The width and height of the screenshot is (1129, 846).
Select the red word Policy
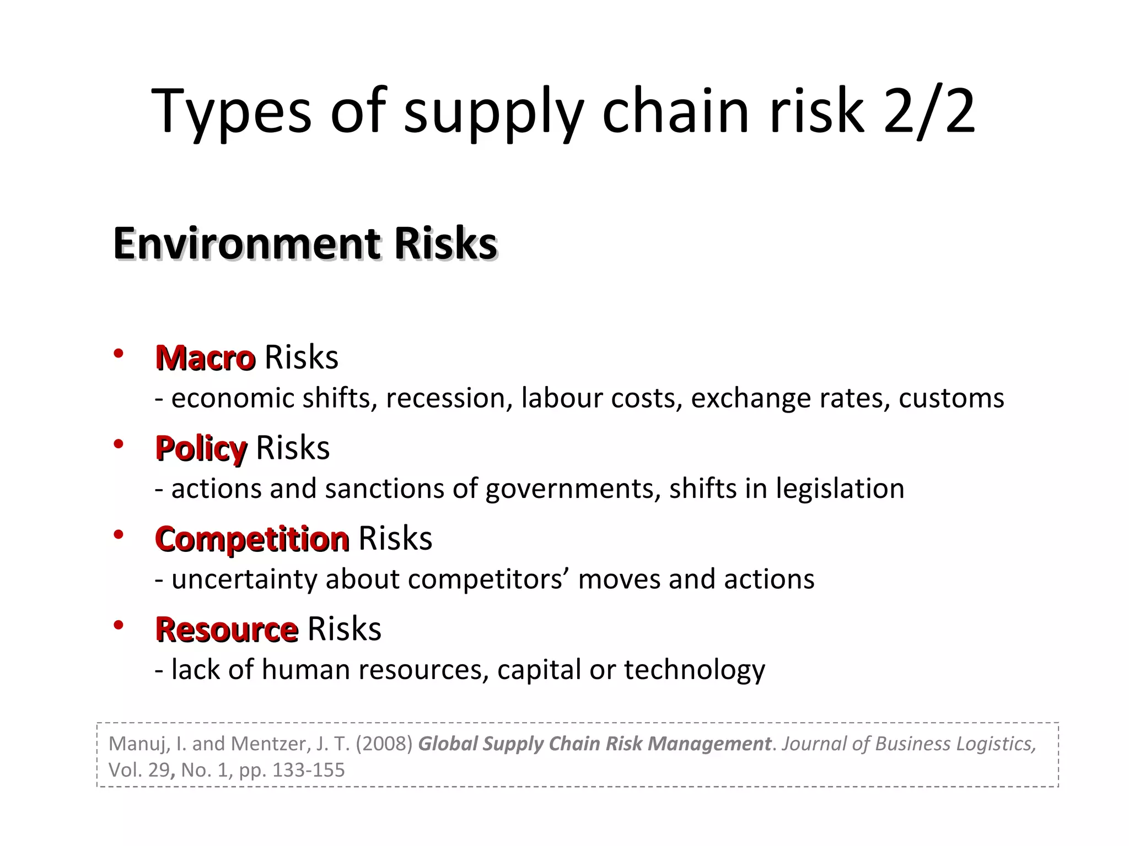pos(201,448)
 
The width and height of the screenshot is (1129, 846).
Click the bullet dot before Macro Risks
pos(118,354)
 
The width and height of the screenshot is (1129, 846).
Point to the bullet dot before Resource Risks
pos(118,625)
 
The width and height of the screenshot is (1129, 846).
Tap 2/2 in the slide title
pos(929,111)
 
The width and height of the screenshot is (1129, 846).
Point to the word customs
pos(951,398)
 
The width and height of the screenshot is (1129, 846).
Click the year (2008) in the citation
pos(384,744)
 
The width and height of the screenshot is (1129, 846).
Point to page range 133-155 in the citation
pos(308,770)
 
